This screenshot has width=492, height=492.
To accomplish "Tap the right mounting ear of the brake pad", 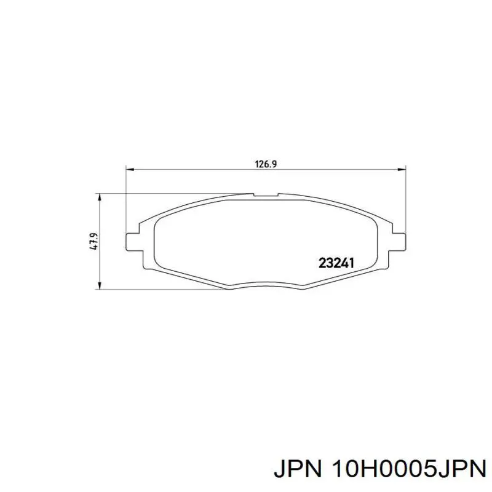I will click(x=398, y=241).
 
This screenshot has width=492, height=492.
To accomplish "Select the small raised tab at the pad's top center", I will click(x=265, y=196).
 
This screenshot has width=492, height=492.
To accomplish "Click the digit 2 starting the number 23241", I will click(x=322, y=263).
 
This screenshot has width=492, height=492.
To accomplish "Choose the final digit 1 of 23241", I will click(x=352, y=263).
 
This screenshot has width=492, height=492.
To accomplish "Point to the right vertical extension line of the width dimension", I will click(x=405, y=197).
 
